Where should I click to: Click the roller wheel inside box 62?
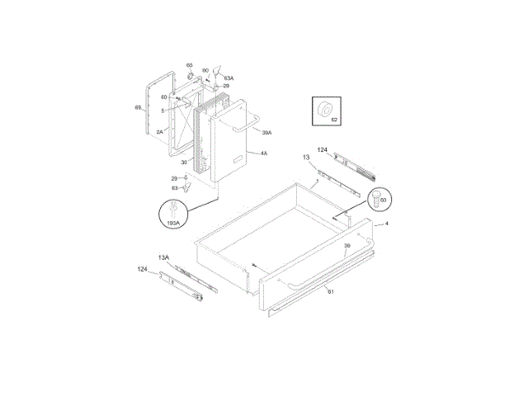325,108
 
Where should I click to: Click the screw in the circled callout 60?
379,198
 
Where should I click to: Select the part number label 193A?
174,223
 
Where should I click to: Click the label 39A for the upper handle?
266,132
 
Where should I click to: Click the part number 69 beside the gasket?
138,107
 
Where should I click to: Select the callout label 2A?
159,130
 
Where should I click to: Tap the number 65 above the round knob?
189,65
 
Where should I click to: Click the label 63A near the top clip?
229,78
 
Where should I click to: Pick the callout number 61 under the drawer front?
330,291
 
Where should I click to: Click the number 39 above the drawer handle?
347,247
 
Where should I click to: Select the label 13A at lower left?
163,257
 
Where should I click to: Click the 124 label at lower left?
142,269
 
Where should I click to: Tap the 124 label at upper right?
323,150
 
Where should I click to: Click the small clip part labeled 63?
186,188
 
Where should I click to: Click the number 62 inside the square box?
334,120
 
